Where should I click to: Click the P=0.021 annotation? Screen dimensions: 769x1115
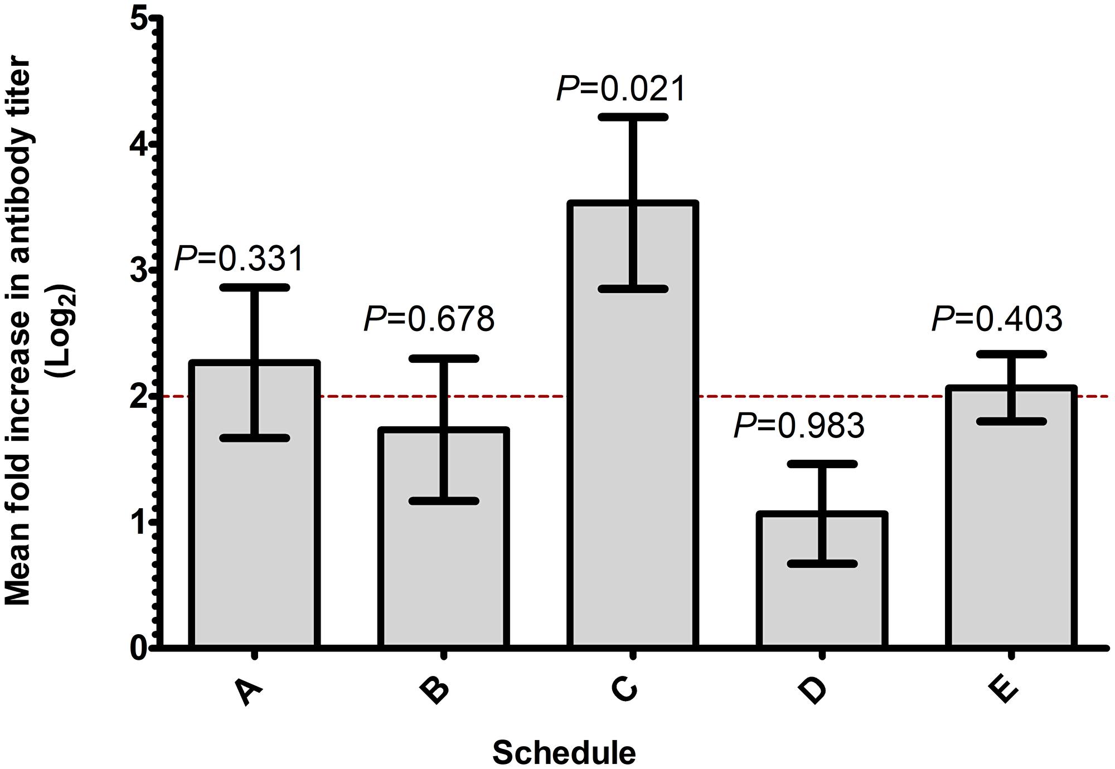(621, 89)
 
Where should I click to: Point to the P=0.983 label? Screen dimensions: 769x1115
(799, 426)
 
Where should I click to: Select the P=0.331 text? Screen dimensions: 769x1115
(240, 259)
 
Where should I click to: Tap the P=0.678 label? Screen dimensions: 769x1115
(429, 319)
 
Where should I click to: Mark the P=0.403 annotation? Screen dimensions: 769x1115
(997, 319)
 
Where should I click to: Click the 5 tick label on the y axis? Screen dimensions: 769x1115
(138, 20)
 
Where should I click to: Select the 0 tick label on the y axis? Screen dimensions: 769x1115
(138, 648)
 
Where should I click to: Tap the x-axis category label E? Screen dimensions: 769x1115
(1003, 691)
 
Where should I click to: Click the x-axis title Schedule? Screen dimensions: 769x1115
(564, 753)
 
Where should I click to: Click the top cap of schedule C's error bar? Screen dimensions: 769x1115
(633, 117)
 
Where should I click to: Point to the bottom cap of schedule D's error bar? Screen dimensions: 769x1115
(822, 564)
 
